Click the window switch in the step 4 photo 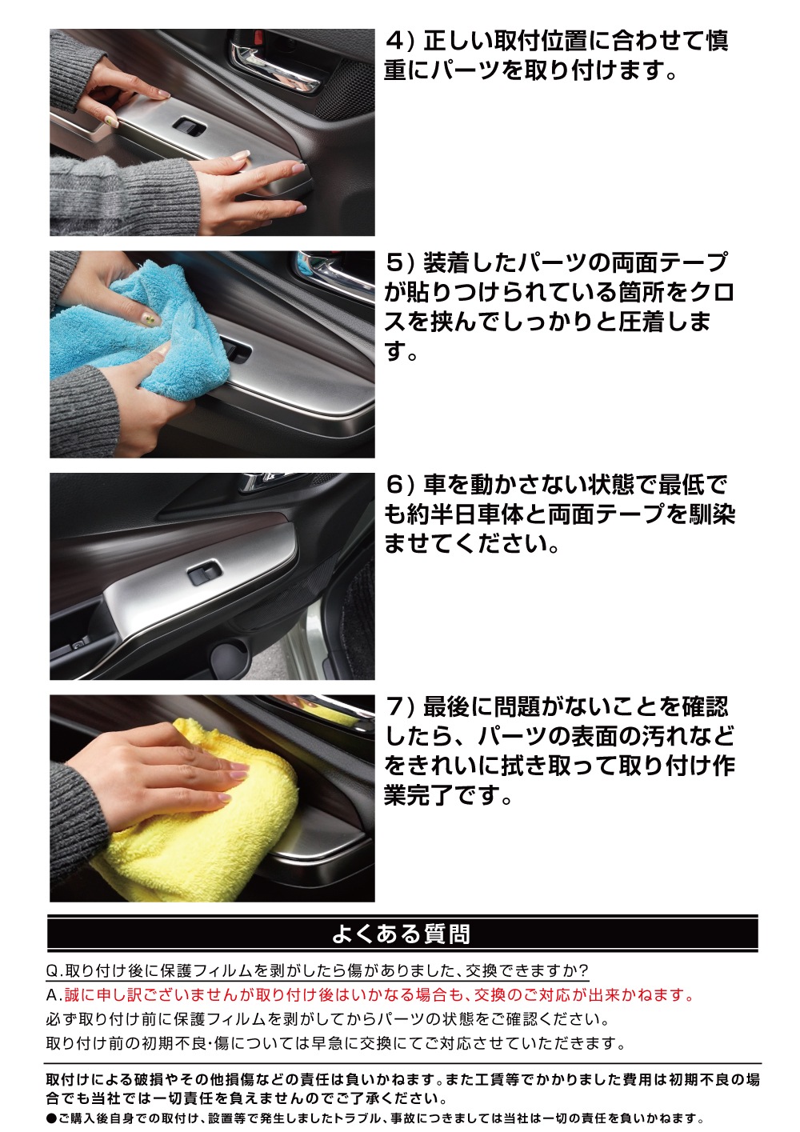pos(189,127)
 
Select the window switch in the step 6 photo pos(204,574)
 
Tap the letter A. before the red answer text pos(54,995)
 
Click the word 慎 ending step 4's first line pos(717,41)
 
